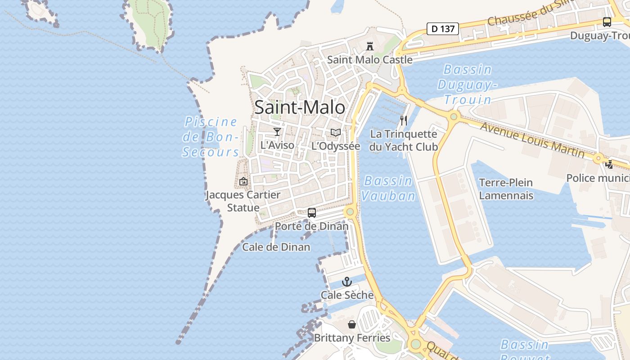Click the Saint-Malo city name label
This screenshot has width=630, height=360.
pyautogui.click(x=300, y=108)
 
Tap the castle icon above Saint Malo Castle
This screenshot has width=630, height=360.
pyautogui.click(x=370, y=46)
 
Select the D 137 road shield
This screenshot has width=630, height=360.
pyautogui.click(x=442, y=29)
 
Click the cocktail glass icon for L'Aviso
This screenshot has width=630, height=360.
pyautogui.click(x=277, y=132)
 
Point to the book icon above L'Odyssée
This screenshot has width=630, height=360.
pyautogui.click(x=336, y=132)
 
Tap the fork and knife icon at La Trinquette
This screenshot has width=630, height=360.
pyautogui.click(x=404, y=121)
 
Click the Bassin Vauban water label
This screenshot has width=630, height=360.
pyautogui.click(x=388, y=188)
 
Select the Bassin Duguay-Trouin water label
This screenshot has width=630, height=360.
pyautogui.click(x=468, y=84)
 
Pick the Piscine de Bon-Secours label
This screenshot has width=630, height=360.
pyautogui.click(x=211, y=137)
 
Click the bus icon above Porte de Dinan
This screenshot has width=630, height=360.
pyautogui.click(x=311, y=212)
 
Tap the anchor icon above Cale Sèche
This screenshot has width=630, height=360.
pyautogui.click(x=347, y=282)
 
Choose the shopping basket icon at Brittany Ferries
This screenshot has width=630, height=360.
pyautogui.click(x=352, y=324)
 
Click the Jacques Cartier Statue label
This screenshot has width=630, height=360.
pyautogui.click(x=243, y=201)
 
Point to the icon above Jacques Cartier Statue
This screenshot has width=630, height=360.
pyautogui.click(x=243, y=181)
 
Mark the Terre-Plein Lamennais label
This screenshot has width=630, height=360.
pyautogui.click(x=506, y=189)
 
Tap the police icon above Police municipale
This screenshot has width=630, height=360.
pyautogui.click(x=609, y=165)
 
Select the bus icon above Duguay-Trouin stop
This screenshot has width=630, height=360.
pyautogui.click(x=607, y=22)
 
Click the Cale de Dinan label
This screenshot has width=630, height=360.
pyautogui.click(x=276, y=247)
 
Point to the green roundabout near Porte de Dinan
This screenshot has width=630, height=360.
pyautogui.click(x=350, y=211)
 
